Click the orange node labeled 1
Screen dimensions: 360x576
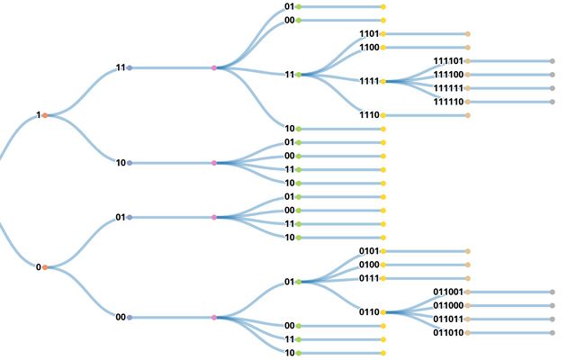click(45, 115)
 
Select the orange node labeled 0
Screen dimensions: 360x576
click(45, 267)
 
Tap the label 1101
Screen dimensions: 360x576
click(369, 34)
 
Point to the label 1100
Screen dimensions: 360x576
click(369, 48)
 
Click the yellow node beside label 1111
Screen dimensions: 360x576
click(383, 81)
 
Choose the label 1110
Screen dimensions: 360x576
click(369, 115)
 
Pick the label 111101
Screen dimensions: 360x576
click(448, 61)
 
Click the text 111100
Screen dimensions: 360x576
click(448, 75)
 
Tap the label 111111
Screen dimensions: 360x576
click(448, 88)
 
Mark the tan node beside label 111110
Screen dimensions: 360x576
click(467, 102)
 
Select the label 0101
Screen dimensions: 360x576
click(369, 251)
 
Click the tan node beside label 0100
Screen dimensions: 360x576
click(383, 265)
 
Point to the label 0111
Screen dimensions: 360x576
click(369, 278)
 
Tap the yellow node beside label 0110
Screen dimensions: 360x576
click(383, 312)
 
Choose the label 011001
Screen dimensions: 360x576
click(448, 292)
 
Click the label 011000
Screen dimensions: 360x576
click(448, 305)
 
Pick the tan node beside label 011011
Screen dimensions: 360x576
click(467, 319)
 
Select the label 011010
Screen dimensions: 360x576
click(448, 332)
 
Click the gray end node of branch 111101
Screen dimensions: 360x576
click(552, 61)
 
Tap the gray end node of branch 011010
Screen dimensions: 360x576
click(552, 332)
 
